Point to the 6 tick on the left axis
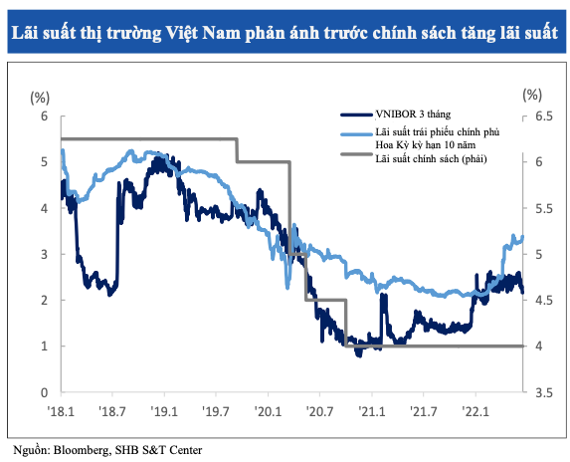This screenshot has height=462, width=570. [x=44, y=115]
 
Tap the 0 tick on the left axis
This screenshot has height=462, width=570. [x=44, y=391]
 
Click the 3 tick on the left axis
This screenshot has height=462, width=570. [x=44, y=254]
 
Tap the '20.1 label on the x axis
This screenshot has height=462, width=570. [x=268, y=409]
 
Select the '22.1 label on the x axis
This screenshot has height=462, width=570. [x=475, y=409]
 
